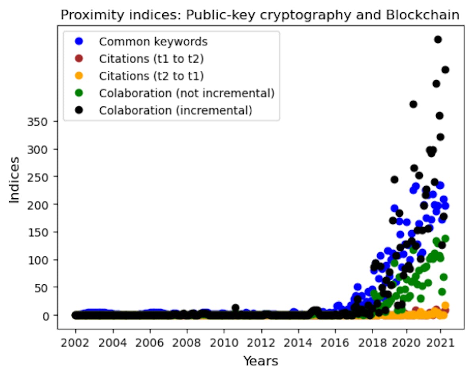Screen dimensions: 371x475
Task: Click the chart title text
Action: coord(259,15)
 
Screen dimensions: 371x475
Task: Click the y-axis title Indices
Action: coord(15,180)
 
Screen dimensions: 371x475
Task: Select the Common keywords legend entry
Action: coord(153,41)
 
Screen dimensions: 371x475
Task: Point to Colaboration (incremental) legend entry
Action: coord(175,110)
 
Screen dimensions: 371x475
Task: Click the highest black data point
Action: coord(438,39)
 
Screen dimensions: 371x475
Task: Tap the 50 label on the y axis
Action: coord(45,288)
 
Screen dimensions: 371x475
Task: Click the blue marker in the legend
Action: coord(79,41)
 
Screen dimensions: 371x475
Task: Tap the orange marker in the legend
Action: coord(79,76)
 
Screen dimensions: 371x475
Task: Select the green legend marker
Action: coord(79,93)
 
